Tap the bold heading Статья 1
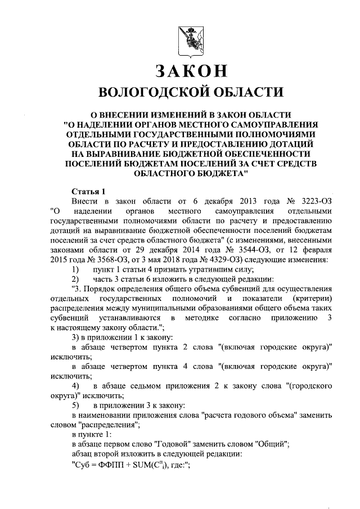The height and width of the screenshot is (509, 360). [88, 191]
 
